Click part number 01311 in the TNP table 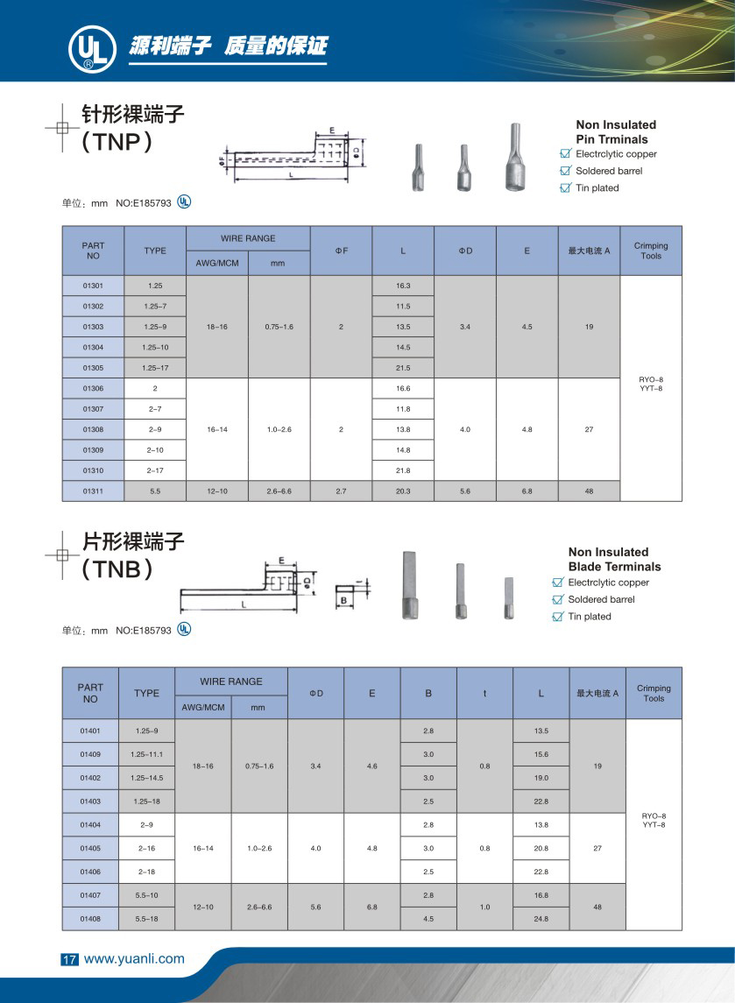[x=93, y=491]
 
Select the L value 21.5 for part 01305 [x=403, y=367]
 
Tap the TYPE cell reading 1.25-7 [x=154, y=307]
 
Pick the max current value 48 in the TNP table [x=589, y=491]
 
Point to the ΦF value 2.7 [x=341, y=491]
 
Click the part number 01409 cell [x=90, y=754]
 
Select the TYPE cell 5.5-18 [x=146, y=919]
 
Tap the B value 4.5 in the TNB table [x=428, y=919]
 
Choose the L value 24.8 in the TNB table [x=541, y=919]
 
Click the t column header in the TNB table [x=484, y=693]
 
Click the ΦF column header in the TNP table [x=341, y=251]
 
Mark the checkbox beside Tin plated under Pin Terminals [x=565, y=188]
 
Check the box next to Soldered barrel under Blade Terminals [x=557, y=599]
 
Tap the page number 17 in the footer [x=69, y=959]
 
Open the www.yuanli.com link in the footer [x=134, y=958]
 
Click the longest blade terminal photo [x=410, y=585]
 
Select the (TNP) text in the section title [x=117, y=141]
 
